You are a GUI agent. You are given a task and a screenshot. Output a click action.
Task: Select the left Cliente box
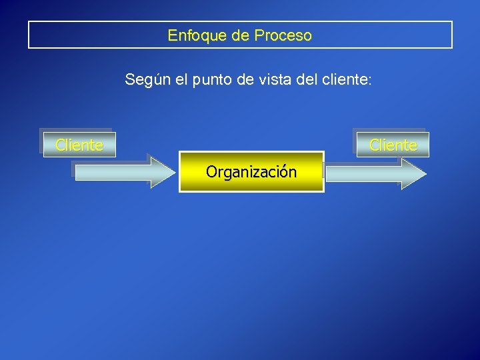coord(79,145)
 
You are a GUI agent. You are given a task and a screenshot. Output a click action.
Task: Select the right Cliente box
coord(393,145)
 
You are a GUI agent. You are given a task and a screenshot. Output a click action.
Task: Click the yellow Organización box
coord(251,172)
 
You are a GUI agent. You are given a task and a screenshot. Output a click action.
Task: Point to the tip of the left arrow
coord(174,173)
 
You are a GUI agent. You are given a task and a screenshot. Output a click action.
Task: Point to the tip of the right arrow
coord(425,174)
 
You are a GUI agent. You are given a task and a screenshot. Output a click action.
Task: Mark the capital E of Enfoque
coord(172,35)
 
